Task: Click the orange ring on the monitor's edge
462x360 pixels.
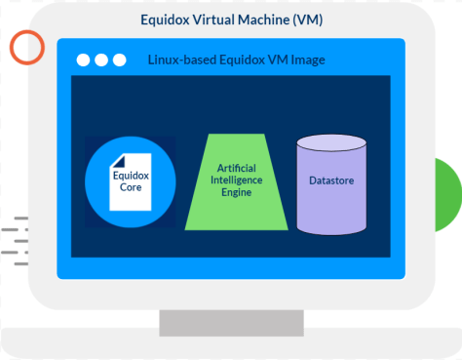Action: click(26, 47)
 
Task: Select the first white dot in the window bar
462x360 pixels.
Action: click(83, 60)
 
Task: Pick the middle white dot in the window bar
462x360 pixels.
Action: click(101, 60)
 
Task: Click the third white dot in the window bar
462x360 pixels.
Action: click(120, 60)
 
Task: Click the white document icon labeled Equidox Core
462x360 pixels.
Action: click(130, 181)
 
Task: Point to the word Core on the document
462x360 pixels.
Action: click(129, 187)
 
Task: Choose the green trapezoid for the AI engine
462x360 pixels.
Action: click(235, 181)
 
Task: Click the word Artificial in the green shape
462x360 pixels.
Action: click(235, 168)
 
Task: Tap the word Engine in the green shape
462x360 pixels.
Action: click(235, 193)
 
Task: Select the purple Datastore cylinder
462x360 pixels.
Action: click(330, 185)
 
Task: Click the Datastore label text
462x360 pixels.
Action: click(330, 180)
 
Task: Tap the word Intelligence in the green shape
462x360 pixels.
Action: click(235, 180)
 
